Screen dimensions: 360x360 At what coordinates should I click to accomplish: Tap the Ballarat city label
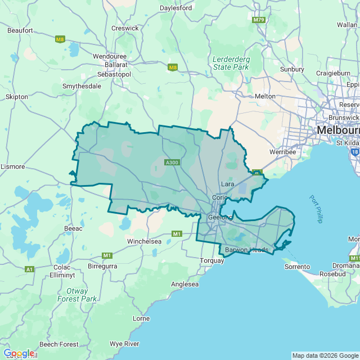105,65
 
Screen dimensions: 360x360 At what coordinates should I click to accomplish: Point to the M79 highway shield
259,20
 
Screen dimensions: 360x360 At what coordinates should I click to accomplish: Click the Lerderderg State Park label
231,63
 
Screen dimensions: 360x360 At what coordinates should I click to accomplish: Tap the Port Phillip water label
316,209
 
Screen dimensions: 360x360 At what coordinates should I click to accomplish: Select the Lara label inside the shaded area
228,184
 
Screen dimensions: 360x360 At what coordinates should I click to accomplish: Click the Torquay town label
212,260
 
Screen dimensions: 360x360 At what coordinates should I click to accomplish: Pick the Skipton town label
16,97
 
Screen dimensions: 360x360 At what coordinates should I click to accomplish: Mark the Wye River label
124,343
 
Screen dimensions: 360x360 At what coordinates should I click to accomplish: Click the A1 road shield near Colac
29,269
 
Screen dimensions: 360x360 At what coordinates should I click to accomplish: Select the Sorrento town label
297,266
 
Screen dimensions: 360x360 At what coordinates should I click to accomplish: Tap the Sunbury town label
292,69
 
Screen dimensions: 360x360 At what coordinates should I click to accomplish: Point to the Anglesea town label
185,284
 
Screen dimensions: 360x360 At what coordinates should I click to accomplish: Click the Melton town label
265,96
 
